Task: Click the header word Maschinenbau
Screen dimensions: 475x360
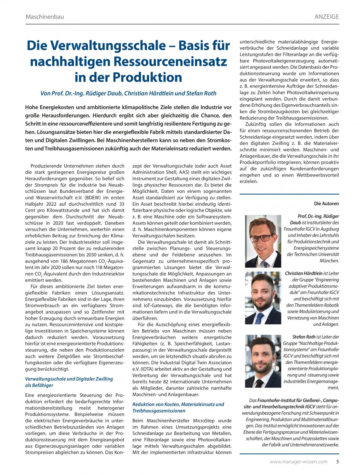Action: click(45, 17)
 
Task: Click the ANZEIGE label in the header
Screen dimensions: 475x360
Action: click(327, 17)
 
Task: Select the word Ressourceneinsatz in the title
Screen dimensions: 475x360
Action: click(171, 62)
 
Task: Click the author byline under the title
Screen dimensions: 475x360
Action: click(128, 93)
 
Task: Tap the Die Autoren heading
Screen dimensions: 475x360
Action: click(326, 203)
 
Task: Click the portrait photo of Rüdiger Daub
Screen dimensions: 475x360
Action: click(263, 242)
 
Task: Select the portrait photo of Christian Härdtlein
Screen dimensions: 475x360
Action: click(263, 298)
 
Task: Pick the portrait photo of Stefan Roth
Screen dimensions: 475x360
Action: click(263, 362)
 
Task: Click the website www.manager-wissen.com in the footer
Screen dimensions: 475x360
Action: click(298, 462)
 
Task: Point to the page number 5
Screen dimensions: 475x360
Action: click(337, 462)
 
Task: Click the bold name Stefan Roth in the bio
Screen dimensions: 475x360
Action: click(304, 337)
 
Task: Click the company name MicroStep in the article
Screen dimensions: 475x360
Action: click(205, 421)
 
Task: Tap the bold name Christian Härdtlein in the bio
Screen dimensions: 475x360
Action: click(303, 274)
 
